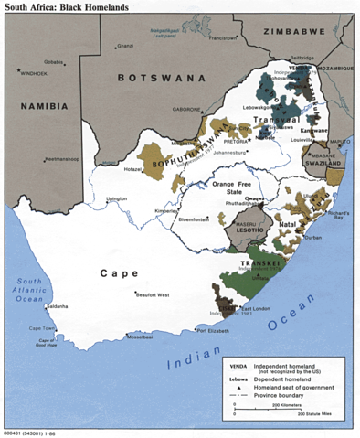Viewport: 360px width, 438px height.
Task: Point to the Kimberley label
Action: click(166, 209)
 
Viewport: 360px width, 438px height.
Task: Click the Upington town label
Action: click(117, 198)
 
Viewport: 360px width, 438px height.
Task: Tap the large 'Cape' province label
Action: click(120, 272)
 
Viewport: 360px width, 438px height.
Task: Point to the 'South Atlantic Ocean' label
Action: click(27, 291)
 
